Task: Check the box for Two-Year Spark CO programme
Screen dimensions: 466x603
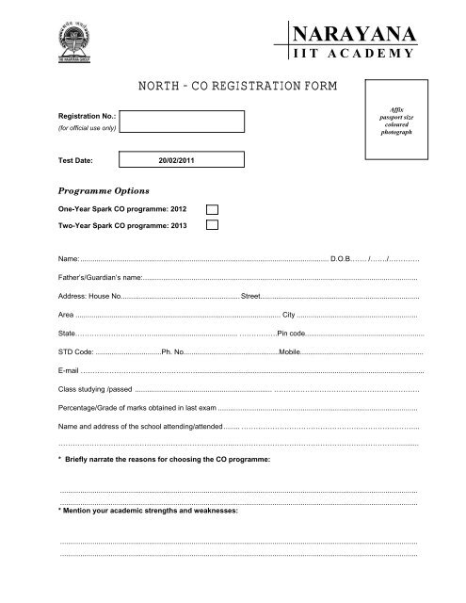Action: click(x=214, y=226)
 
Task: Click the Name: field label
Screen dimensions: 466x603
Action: click(x=69, y=257)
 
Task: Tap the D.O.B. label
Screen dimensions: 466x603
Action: click(x=341, y=257)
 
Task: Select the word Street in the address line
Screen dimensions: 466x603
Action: click(x=251, y=298)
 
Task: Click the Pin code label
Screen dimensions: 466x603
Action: click(x=291, y=334)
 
